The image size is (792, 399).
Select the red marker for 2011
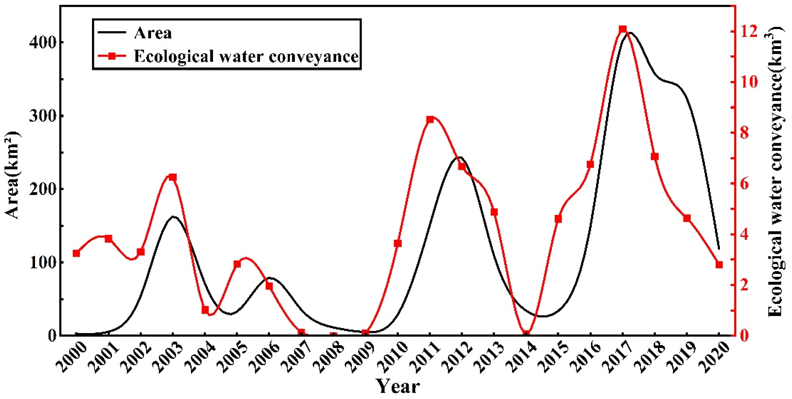click(430, 120)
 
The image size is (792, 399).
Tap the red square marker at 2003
click(173, 177)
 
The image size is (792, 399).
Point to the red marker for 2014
click(527, 334)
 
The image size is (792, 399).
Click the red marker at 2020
click(719, 265)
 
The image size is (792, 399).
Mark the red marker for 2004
click(205, 310)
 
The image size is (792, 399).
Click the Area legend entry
click(153, 33)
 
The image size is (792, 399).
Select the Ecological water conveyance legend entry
click(246, 56)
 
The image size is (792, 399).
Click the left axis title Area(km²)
click(12, 175)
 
